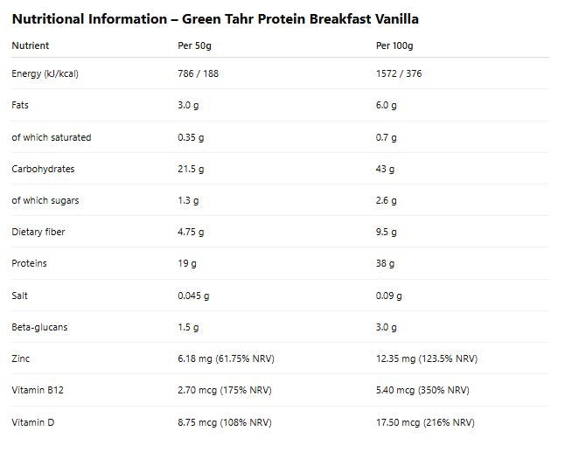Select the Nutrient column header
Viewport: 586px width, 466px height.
(31, 45)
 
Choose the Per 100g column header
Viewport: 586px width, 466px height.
(394, 45)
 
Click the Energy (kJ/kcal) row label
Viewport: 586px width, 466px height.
(45, 73)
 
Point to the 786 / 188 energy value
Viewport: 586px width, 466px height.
(199, 73)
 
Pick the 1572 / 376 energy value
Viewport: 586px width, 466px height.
(399, 73)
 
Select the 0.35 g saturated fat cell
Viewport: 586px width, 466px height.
(192, 137)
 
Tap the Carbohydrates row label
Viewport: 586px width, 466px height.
(44, 169)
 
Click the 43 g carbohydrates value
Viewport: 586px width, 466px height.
(386, 169)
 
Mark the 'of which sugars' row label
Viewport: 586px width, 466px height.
(45, 200)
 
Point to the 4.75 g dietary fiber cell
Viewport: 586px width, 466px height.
(192, 232)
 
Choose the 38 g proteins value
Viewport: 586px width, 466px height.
(386, 263)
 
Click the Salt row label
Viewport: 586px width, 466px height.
(20, 296)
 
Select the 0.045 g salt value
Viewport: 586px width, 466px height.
(194, 296)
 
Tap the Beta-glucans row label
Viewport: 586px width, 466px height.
(39, 327)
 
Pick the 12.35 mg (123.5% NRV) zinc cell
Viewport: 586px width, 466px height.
(427, 358)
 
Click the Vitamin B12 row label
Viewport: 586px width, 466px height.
(38, 390)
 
